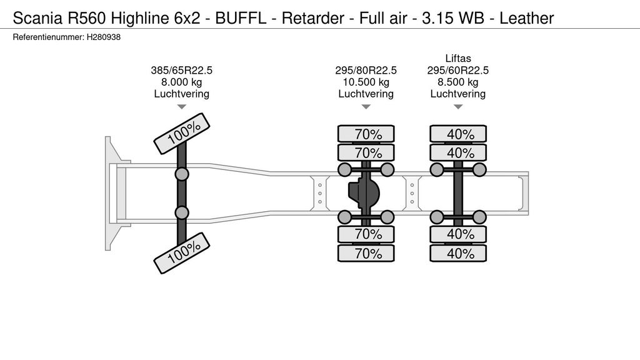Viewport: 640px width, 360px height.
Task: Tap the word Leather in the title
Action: click(527, 18)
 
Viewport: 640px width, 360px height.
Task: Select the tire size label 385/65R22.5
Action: click(181, 71)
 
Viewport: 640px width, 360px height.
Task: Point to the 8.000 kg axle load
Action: click(181, 82)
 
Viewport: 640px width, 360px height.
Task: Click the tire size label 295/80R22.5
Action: click(366, 71)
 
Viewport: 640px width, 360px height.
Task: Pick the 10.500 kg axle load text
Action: click(366, 82)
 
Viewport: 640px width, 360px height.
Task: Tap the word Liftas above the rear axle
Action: click(457, 59)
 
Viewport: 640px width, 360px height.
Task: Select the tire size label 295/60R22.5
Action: click(457, 71)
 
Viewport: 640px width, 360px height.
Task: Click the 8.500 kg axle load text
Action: click(457, 82)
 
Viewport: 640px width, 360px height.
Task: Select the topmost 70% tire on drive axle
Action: click(366, 134)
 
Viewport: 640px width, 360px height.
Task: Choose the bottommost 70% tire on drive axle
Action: click(366, 253)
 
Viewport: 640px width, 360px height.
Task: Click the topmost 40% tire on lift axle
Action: click(457, 134)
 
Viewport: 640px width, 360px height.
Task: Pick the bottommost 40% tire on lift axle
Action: click(457, 253)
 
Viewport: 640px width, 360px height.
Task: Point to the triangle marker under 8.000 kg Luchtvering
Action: click(181, 107)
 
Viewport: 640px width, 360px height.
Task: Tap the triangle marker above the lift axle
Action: click(457, 107)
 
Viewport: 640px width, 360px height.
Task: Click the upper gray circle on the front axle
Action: click(182, 174)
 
